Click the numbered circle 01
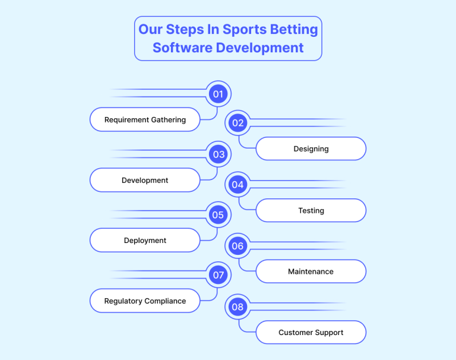coord(218,94)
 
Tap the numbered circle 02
coord(237,123)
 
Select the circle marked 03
coord(218,154)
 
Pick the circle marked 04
coord(237,185)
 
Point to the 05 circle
coord(218,215)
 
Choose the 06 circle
coord(237,246)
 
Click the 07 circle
coord(218,274)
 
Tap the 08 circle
coord(237,307)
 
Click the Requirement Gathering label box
coord(145,119)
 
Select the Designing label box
coord(311,149)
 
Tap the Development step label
coord(145,180)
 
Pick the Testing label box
coord(311,210)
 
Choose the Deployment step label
coord(145,241)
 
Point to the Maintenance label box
coord(311,271)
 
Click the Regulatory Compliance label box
coord(145,301)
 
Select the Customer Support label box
coord(311,332)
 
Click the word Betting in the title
coord(294,30)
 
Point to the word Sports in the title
coord(245,30)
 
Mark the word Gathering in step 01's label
coord(169,120)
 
